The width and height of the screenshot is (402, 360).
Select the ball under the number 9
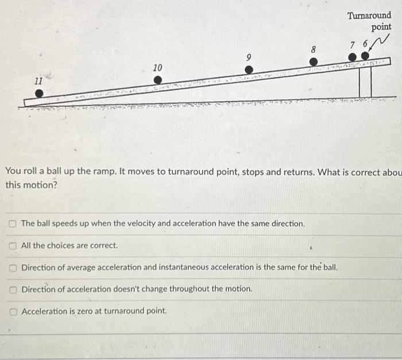click(249, 69)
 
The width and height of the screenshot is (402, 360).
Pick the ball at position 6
click(364, 56)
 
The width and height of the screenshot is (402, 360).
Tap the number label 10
click(157, 68)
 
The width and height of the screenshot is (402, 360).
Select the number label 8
click(314, 50)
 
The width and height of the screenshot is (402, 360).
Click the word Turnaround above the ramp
click(369, 16)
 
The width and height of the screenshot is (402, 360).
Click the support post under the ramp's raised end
click(365, 82)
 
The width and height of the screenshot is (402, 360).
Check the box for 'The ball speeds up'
click(13, 223)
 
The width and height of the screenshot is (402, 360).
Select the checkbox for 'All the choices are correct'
click(13, 246)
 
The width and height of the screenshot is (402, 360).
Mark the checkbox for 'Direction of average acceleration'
click(13, 268)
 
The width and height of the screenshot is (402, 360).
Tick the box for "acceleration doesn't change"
click(13, 289)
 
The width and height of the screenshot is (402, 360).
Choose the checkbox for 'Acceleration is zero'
click(13, 311)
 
